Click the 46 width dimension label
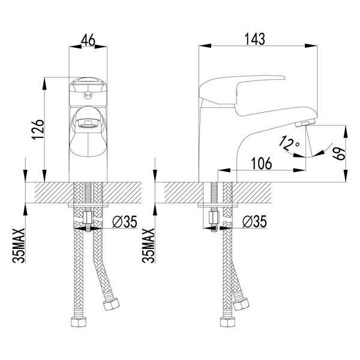tap(88, 40)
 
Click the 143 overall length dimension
tap(255, 39)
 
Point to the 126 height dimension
tap(38, 130)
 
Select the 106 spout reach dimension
tap(262, 163)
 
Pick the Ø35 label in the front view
tap(125, 221)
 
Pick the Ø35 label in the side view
tap(254, 221)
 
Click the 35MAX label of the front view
tap(19, 245)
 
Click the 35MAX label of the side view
tap(148, 245)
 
